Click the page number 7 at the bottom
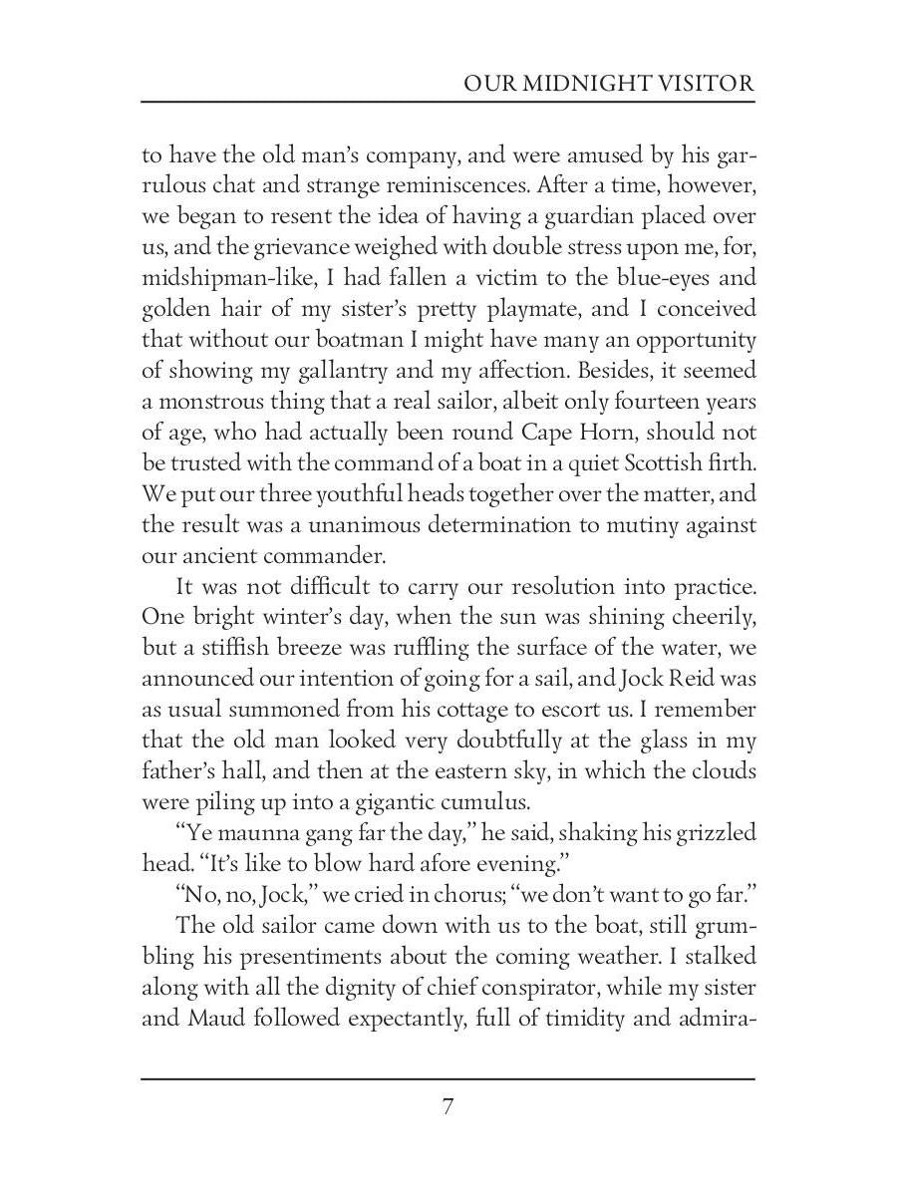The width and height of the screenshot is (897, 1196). click(x=448, y=1106)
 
